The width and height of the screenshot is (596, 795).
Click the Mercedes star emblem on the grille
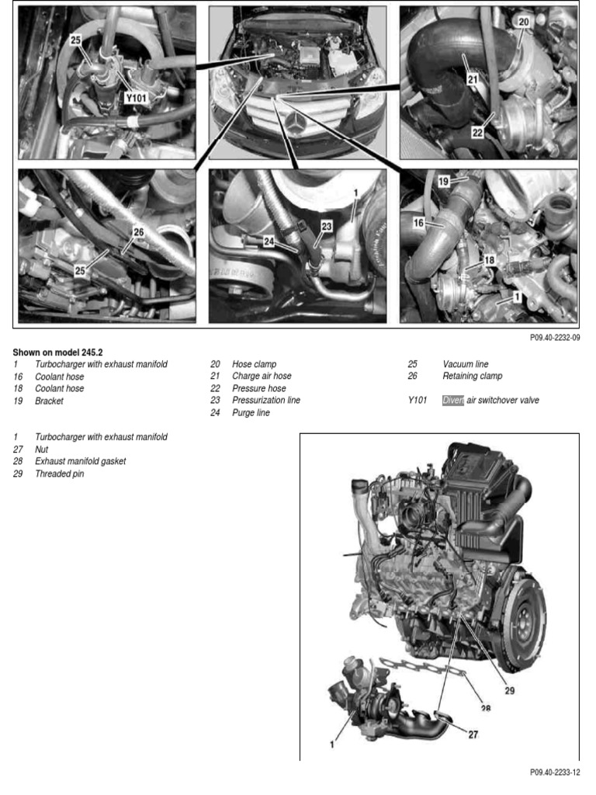click(297, 123)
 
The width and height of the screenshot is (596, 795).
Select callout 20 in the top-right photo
click(523, 23)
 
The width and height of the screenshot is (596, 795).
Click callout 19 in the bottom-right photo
click(443, 180)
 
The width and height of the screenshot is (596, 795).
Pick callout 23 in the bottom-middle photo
click(326, 226)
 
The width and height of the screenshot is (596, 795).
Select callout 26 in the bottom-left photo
click(138, 231)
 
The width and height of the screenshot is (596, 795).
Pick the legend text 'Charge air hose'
click(262, 376)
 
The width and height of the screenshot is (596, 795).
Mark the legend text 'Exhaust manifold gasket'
click(80, 461)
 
